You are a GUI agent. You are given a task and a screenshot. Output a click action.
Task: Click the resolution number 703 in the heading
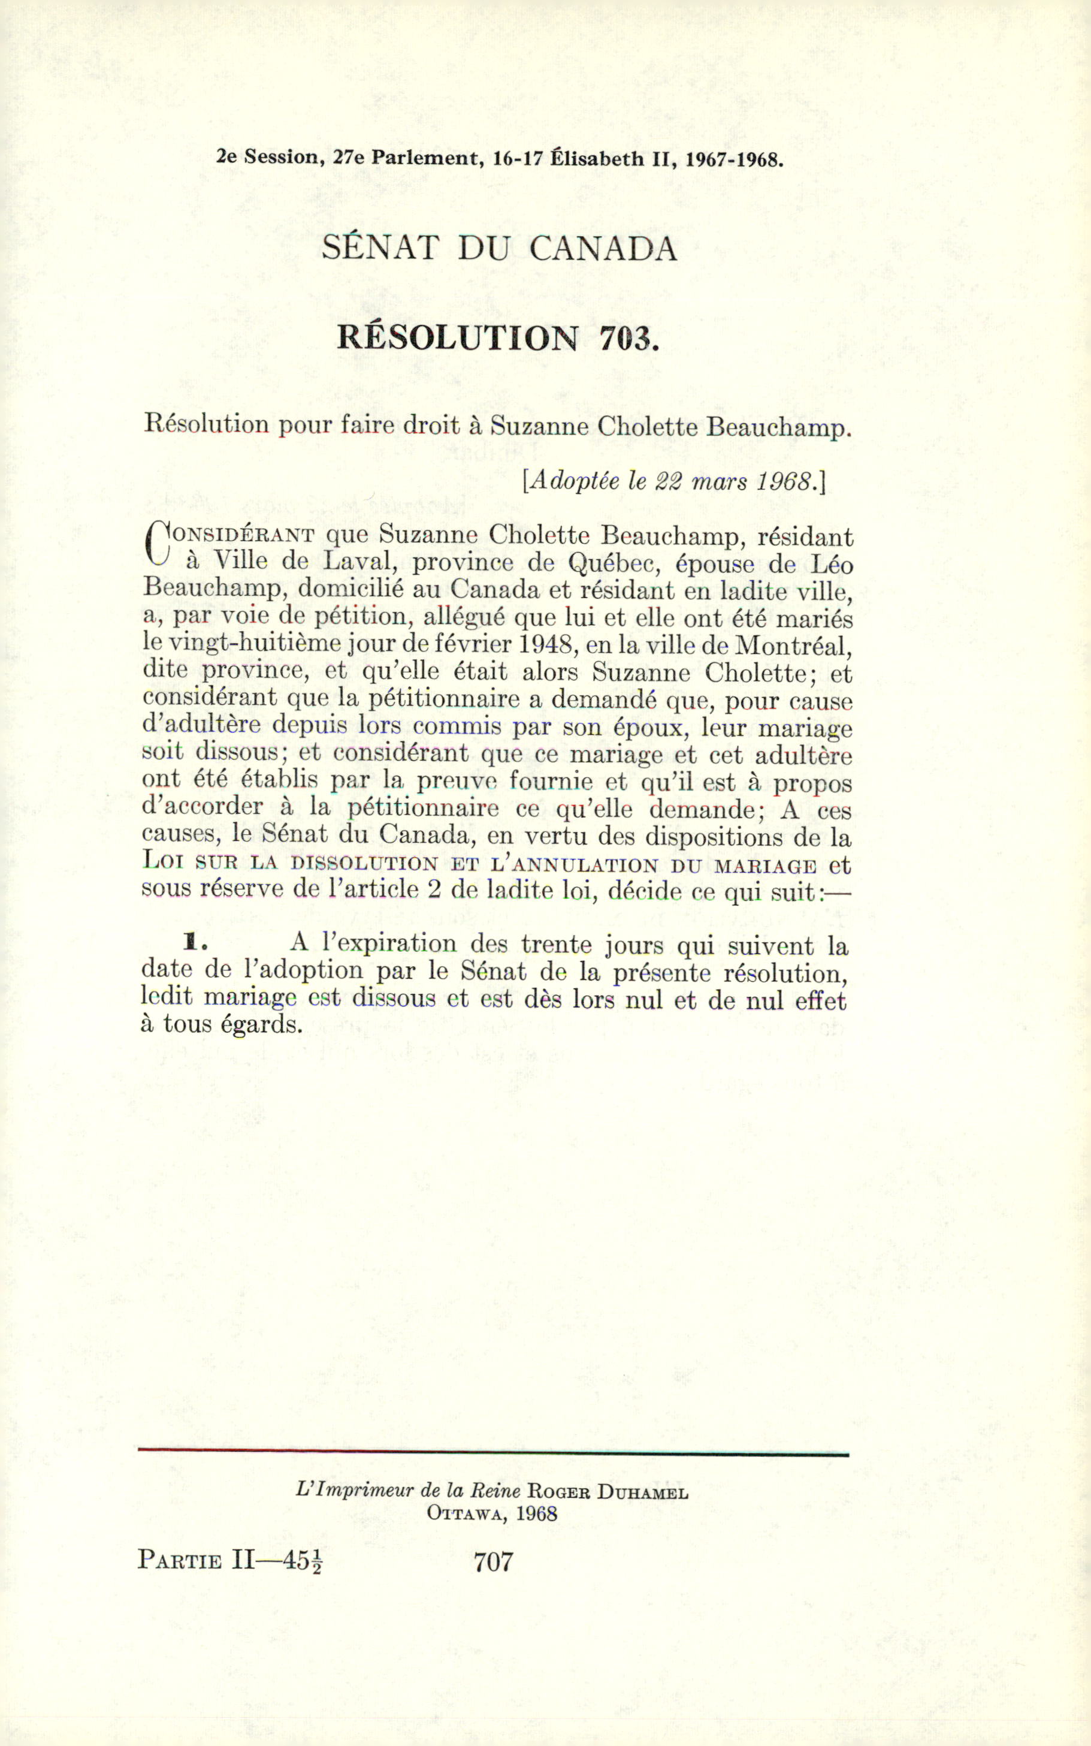(628, 338)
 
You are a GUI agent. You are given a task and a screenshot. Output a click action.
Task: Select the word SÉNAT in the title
(380, 249)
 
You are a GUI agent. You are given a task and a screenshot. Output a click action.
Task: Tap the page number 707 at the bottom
(494, 1561)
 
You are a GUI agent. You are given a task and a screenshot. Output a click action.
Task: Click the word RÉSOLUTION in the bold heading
(458, 338)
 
